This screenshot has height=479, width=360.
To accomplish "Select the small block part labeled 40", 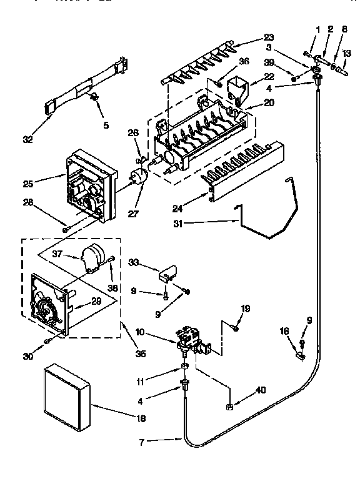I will tap(229, 407).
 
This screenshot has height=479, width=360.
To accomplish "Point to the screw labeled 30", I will tap(47, 341).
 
